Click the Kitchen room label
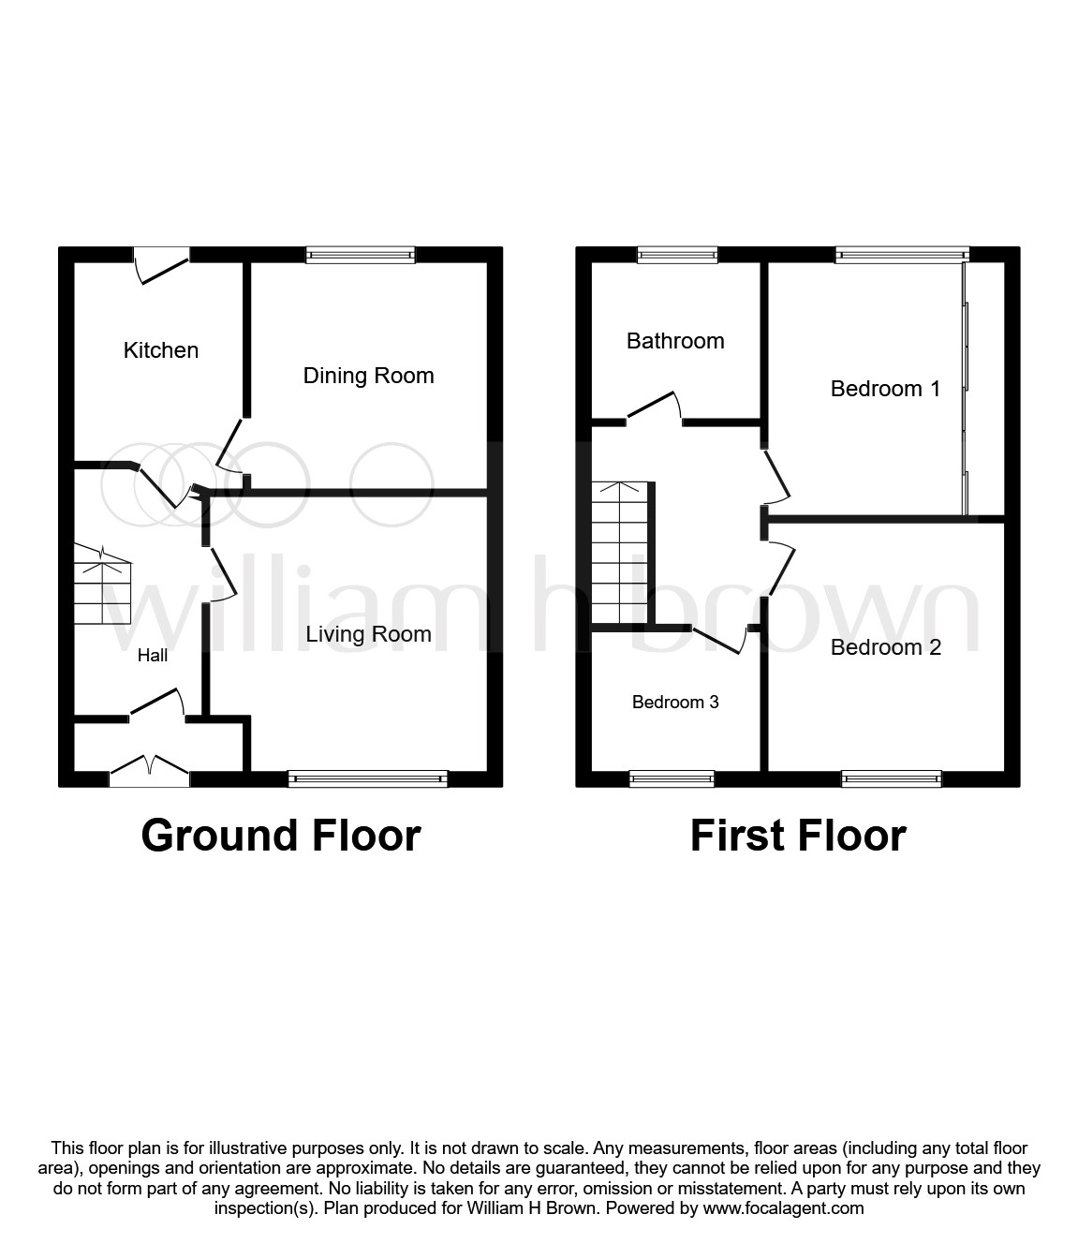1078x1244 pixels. click(x=161, y=350)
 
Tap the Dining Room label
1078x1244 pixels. click(x=368, y=376)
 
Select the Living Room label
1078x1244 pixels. click(x=368, y=634)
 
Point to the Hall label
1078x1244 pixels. click(x=153, y=656)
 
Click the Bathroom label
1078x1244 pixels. click(x=675, y=341)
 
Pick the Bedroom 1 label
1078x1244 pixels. click(x=885, y=389)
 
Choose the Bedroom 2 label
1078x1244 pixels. click(x=885, y=647)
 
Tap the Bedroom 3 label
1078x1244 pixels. click(x=675, y=703)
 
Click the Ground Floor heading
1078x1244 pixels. click(x=281, y=835)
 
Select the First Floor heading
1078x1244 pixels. click(x=798, y=835)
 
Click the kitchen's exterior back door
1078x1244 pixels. click(x=162, y=261)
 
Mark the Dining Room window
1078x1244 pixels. click(x=361, y=254)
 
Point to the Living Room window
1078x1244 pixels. click(x=368, y=778)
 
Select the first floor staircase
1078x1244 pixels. click(x=619, y=553)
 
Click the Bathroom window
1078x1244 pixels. click(x=678, y=254)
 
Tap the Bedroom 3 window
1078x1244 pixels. click(x=672, y=778)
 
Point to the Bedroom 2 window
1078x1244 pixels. click(x=891, y=778)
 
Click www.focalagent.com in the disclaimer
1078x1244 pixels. click(x=783, y=1208)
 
